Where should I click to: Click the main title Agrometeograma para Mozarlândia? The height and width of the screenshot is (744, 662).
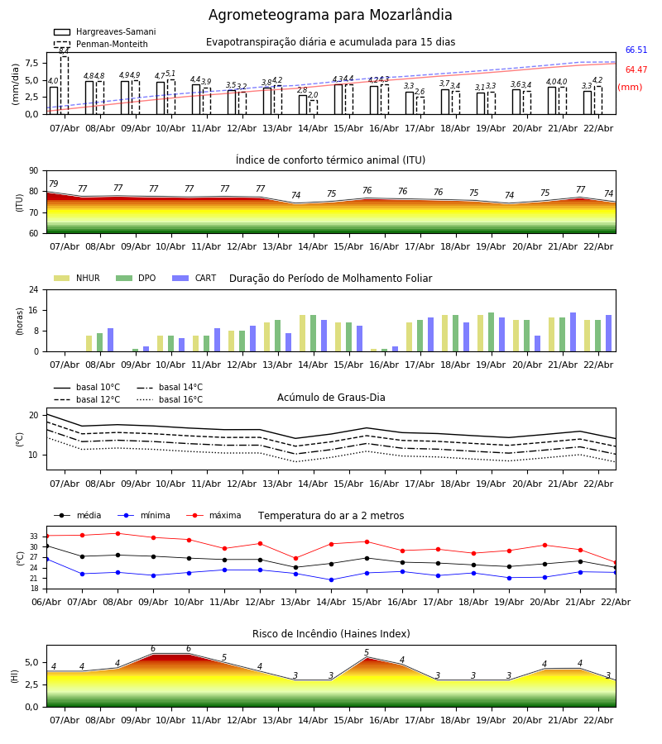[330, 15]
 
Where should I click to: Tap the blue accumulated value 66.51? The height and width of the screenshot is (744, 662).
[636, 50]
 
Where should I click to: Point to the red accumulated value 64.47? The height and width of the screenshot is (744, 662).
[636, 70]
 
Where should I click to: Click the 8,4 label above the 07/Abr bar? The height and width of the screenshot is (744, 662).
[64, 51]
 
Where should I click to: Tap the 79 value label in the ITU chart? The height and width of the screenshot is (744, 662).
[53, 184]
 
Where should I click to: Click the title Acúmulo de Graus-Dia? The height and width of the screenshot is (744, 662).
[331, 398]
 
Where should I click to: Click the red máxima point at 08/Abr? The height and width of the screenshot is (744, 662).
[118, 533]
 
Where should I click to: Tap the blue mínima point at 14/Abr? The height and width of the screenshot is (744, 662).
[331, 579]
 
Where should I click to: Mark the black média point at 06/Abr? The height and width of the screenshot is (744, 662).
[46, 546]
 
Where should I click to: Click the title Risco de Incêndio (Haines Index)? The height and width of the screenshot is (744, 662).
[331, 634]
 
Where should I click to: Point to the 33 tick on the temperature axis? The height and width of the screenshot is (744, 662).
[34, 537]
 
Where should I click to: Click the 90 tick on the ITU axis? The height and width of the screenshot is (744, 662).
[34, 170]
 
